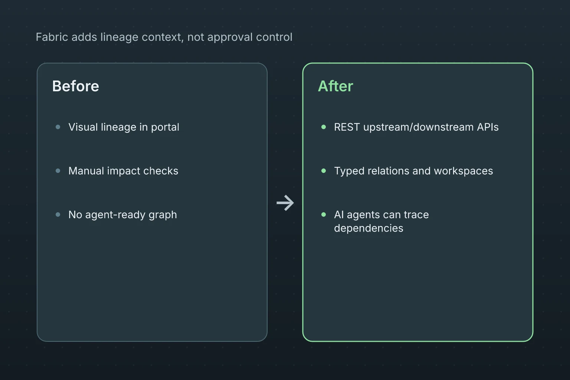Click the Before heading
coord(76,86)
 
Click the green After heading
coord(335,86)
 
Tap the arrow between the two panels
coord(285,203)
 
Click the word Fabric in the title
coord(52,37)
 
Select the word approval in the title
coord(230,37)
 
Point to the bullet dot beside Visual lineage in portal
coord(58,127)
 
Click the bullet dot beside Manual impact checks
coord(58,171)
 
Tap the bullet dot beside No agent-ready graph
coord(58,214)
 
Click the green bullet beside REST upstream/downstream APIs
coord(324,127)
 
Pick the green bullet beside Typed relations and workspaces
coord(324,171)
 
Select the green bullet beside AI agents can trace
coord(324,214)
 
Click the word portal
coord(165,127)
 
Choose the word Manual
coord(86,171)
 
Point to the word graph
coord(163,215)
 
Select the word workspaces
coord(463,171)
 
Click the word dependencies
coord(369,228)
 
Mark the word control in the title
coord(274,37)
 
